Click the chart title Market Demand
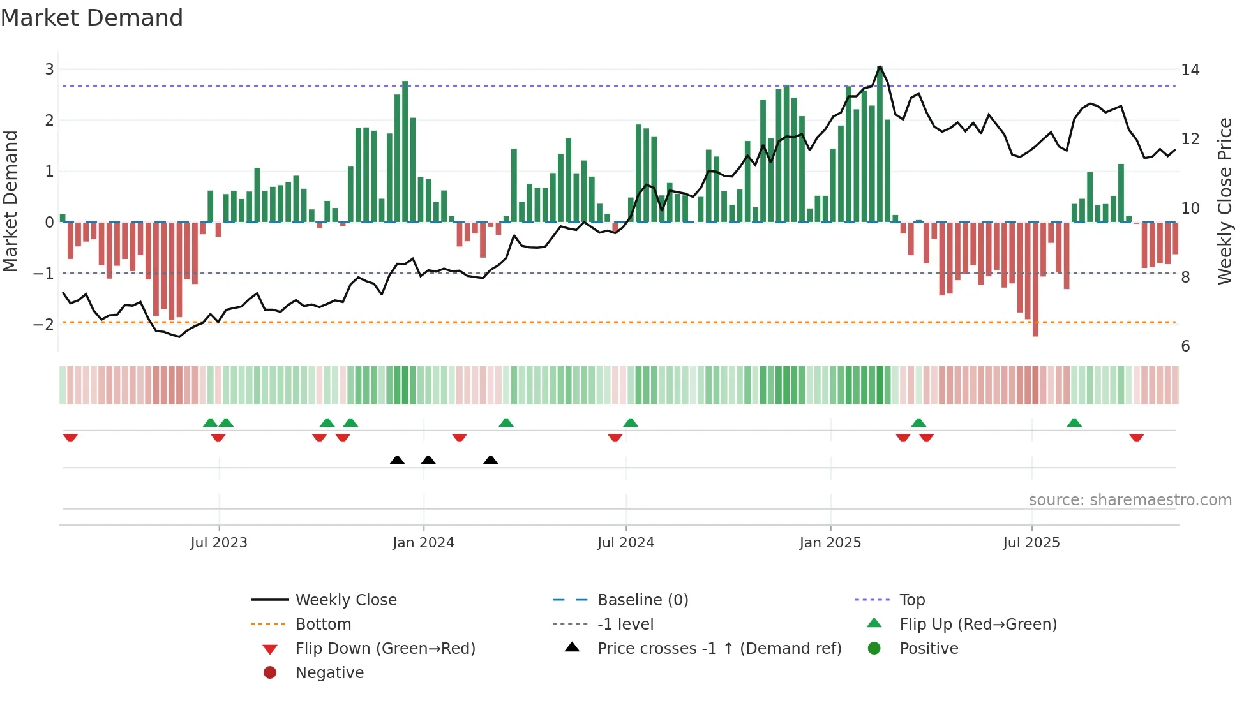pos(92,18)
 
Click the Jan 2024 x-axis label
pos(423,543)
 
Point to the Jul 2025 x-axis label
pos(1031,543)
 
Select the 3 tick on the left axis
pos(49,70)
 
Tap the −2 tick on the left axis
pos(44,324)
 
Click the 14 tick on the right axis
pos(1190,70)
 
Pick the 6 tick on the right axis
pos(1185,346)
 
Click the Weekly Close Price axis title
pos(1224,201)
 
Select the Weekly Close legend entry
pos(345,600)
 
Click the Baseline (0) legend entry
pos(642,600)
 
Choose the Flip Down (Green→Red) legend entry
pos(385,649)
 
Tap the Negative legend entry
pos(329,673)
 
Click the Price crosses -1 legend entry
pos(719,649)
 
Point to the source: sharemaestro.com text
pos(1130,500)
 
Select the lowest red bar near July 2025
pos(1035,281)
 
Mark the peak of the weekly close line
pos(880,66)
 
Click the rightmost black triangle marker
pos(490,461)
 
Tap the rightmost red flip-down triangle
pos(1136,438)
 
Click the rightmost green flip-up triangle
pos(1074,423)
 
